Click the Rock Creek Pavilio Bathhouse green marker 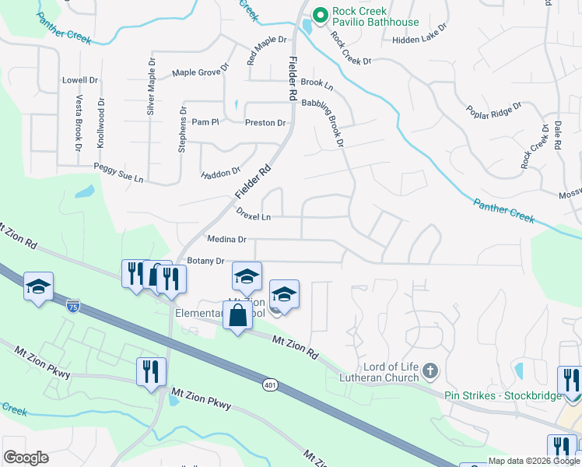point(318,15)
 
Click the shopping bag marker point(238,316)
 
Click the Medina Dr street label point(226,240)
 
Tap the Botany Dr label point(205,262)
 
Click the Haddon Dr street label point(221,174)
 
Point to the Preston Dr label point(265,123)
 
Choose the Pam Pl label point(206,122)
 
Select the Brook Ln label point(317,83)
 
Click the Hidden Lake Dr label point(420,39)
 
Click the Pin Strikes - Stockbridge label point(503,395)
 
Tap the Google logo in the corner point(26,458)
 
